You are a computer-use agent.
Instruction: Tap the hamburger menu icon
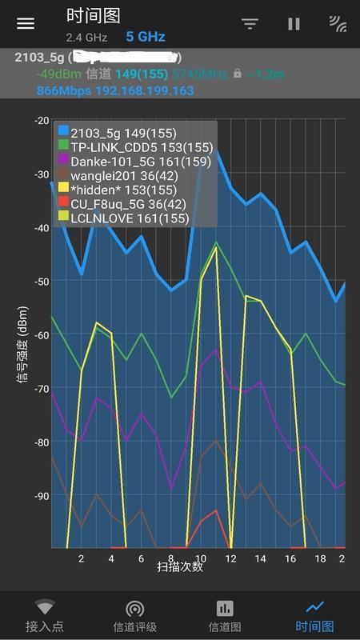click(x=26, y=23)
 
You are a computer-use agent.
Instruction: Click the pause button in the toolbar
click(x=294, y=24)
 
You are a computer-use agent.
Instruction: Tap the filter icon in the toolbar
click(x=250, y=24)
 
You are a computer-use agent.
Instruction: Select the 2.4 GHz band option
click(x=87, y=38)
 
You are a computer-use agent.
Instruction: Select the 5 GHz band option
click(x=145, y=37)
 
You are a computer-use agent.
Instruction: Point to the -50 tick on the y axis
click(x=41, y=281)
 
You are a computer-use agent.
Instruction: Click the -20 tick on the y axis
click(x=41, y=120)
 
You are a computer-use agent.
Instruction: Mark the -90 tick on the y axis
click(x=41, y=496)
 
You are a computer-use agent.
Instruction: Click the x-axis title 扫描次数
click(x=180, y=566)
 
